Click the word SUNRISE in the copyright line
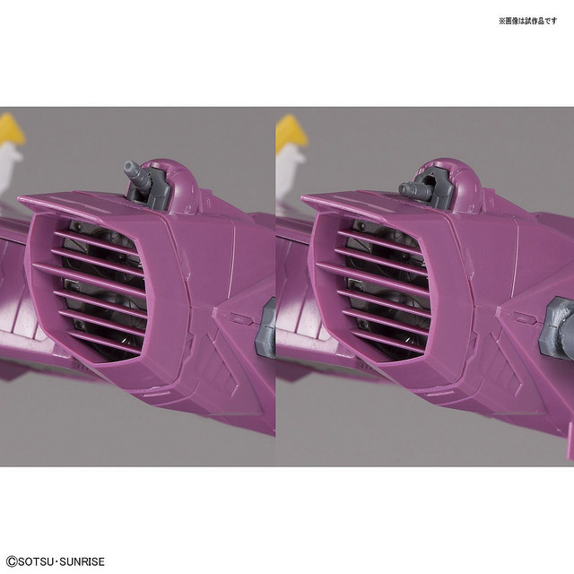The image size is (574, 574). (x=82, y=561)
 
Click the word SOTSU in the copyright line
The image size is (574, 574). (x=36, y=561)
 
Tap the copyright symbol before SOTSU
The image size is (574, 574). (x=12, y=561)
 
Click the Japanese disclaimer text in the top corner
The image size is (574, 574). (x=528, y=21)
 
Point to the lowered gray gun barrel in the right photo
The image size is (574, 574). (x=411, y=188)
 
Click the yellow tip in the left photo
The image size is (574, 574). (x=11, y=129)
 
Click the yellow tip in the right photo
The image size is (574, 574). (x=291, y=129)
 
